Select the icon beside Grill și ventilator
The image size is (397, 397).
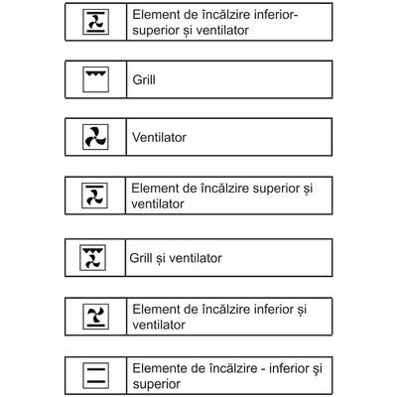click(92, 259)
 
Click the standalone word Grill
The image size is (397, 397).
click(144, 75)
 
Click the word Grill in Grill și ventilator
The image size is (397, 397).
click(142, 259)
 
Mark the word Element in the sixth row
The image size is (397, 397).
click(155, 310)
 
